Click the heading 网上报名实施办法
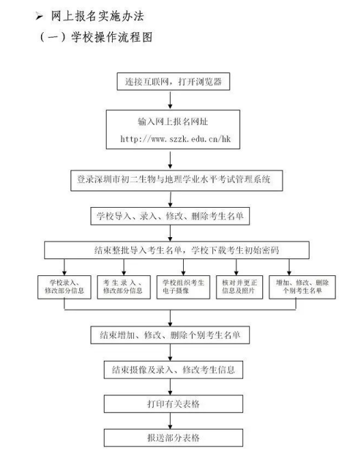pos(98,16)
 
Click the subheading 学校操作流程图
pos(112,38)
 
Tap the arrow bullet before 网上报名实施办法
pos(39,16)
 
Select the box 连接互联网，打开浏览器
pos(174,81)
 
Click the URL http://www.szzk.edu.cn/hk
pos(176,139)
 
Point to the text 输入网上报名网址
pos(173,122)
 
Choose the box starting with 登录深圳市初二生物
pos(176,180)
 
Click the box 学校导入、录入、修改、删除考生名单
pos(170,216)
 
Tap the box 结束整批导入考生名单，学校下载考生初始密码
pos(177,250)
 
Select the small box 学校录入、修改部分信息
pos(64,287)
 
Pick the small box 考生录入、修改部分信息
pos(124,287)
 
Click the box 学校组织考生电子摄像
pos(183,287)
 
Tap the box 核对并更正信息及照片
pos(240,287)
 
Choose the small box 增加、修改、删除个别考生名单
pos(302,287)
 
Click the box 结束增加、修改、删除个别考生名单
pos(170,335)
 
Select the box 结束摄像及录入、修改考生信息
pos(174,370)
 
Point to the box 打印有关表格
pos(174,404)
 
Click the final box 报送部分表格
pos(174,438)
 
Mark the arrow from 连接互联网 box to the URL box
pos(170,100)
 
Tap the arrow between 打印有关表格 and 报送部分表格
pos(170,421)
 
